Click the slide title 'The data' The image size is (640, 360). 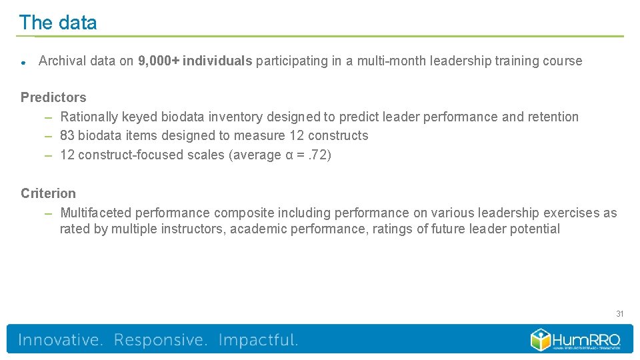coord(58,23)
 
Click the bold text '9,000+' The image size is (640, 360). coord(158,61)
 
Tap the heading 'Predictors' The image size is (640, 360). coord(53,97)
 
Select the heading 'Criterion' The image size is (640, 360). coord(48,193)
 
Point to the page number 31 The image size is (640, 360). coord(620,314)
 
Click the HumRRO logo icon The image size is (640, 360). coord(541,339)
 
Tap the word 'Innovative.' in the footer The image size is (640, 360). coord(61,340)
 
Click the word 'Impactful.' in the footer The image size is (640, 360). coord(258,340)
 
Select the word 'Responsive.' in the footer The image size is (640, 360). coord(161,340)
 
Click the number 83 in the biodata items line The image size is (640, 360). coord(67,136)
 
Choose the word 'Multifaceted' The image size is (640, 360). coord(96,213)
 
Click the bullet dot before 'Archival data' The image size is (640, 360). coord(23,63)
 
